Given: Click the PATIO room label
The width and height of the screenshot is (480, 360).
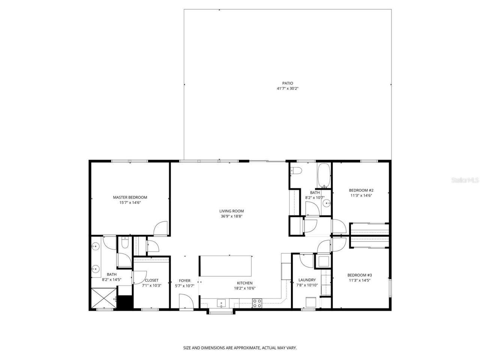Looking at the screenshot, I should pyautogui.click(x=288, y=83).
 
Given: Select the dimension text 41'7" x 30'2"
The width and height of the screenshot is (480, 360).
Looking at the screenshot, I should pyautogui.click(x=288, y=88).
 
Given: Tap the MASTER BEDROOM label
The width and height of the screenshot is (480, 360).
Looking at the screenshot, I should pyautogui.click(x=130, y=197).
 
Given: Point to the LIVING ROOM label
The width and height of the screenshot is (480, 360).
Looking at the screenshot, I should pyautogui.click(x=231, y=211).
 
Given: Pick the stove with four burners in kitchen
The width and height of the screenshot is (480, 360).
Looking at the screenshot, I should pyautogui.click(x=257, y=303).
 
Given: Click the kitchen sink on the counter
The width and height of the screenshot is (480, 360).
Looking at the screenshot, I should pyautogui.click(x=221, y=303).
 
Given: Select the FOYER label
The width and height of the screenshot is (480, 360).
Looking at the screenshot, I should pyautogui.click(x=184, y=280).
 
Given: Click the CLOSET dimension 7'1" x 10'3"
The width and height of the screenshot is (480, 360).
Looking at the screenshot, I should pyautogui.click(x=151, y=285).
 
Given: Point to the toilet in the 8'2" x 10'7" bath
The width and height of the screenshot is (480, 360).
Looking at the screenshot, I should pyautogui.click(x=297, y=171).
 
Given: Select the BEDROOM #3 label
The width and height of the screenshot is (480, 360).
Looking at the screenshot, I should pyautogui.click(x=359, y=274).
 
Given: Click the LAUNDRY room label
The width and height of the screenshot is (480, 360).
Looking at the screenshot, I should pyautogui.click(x=307, y=280).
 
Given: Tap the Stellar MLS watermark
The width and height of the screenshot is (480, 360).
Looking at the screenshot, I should pyautogui.click(x=465, y=180).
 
